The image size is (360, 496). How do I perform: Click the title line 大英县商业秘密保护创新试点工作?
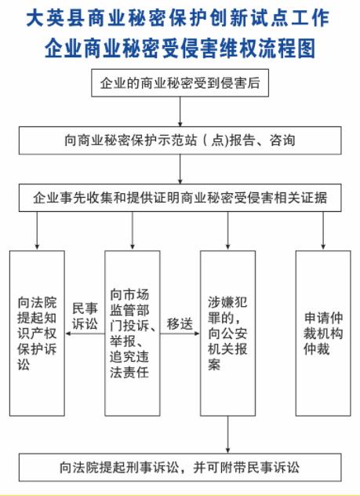180,17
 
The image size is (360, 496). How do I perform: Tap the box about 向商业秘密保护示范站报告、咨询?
180,140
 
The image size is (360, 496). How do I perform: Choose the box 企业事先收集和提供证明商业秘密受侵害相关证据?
180,198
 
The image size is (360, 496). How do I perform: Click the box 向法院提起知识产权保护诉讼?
37,333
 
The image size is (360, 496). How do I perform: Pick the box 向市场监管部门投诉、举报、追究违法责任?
133,333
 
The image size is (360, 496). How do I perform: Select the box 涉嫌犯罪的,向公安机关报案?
227,333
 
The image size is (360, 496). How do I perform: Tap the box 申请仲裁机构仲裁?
323,333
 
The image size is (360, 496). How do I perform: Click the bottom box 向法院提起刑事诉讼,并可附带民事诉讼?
180,467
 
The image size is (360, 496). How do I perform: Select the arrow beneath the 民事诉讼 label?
85,334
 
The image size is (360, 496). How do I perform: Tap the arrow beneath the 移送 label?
180,334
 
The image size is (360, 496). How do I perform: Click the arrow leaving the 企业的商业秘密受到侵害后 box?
180,110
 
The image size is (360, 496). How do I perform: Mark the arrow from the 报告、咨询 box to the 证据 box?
180,169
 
